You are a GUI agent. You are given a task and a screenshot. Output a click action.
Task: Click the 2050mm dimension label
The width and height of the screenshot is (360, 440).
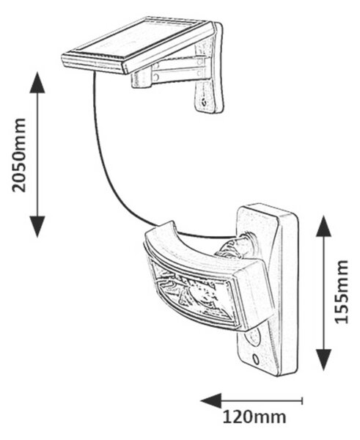click(x=19, y=155)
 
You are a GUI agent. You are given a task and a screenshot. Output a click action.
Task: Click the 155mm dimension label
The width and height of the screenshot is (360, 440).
click(x=342, y=292)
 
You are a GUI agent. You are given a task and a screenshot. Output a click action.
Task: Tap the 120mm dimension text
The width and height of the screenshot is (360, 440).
click(x=254, y=417)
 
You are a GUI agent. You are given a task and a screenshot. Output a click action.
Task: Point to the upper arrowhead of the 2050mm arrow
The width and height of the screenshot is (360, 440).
click(x=37, y=82)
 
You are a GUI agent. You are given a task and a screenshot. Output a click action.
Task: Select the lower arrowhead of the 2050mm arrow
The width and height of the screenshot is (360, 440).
click(x=37, y=227)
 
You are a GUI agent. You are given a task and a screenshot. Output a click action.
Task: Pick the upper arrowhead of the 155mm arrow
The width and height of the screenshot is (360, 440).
click(x=324, y=226)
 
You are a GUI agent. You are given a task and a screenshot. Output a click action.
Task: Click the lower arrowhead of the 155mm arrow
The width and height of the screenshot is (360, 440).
click(x=324, y=360)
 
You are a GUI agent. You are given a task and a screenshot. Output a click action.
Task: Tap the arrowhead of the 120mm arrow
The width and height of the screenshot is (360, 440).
click(x=211, y=400)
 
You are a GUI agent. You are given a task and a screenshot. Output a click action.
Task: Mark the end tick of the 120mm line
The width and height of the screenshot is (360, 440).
click(x=302, y=400)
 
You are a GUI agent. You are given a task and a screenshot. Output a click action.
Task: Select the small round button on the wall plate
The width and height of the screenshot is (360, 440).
click(x=256, y=359)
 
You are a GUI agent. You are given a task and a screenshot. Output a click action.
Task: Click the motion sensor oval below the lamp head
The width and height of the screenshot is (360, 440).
click(x=254, y=337)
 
